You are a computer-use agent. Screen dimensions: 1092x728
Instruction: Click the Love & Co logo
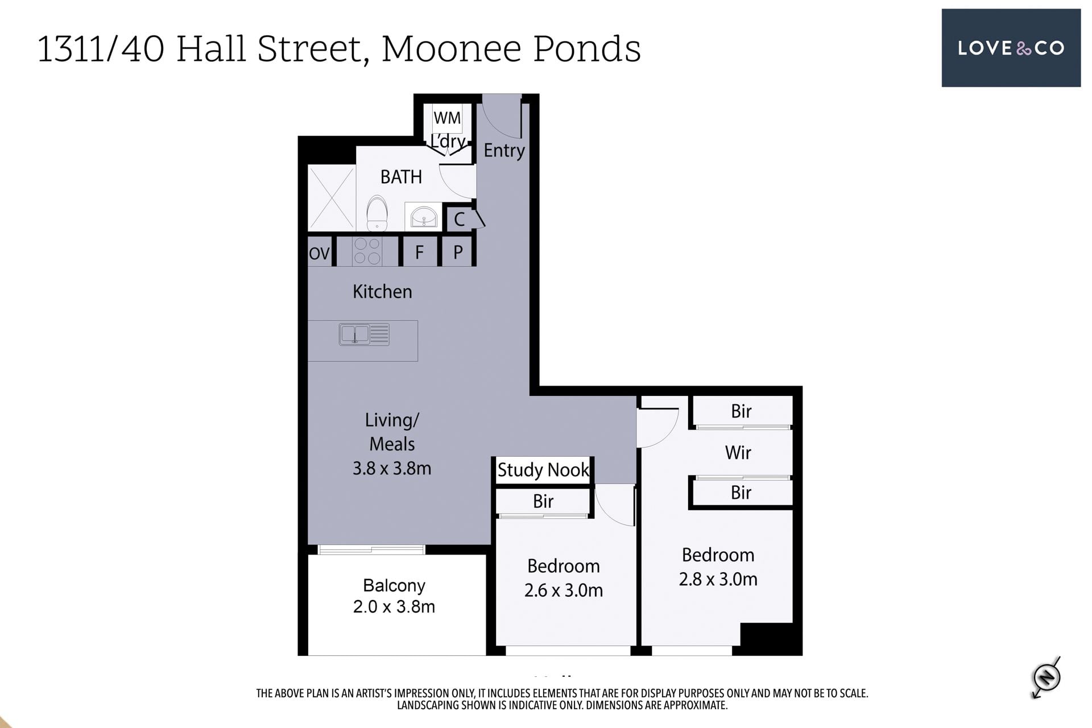pos(1011,48)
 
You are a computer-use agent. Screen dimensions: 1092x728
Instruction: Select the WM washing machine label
pos(447,118)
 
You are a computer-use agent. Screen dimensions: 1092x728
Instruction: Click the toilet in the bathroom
pos(377,213)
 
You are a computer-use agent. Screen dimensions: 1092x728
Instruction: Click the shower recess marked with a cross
pos(332,198)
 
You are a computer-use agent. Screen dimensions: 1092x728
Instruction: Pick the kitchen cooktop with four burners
pos(367,251)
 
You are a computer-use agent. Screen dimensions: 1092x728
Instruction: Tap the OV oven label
pos(319,253)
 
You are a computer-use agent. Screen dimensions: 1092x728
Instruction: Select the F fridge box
pos(419,252)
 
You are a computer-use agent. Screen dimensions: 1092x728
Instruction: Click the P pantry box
pos(457,252)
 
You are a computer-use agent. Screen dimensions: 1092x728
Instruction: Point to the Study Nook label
pos(543,470)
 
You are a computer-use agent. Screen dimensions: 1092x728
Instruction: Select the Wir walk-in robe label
pos(738,453)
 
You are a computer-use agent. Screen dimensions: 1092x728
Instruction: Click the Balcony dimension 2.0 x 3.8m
pos(394,607)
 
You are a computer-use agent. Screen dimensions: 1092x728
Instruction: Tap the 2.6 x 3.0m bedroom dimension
pos(564,590)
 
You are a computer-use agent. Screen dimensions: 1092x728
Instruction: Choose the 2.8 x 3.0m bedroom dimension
pos(718,580)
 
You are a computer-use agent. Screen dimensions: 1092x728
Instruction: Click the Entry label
pos(504,151)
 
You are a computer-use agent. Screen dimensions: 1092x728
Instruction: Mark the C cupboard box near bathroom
pos(460,219)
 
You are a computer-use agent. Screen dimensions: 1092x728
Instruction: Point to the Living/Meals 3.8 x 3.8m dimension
pos(392,469)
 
